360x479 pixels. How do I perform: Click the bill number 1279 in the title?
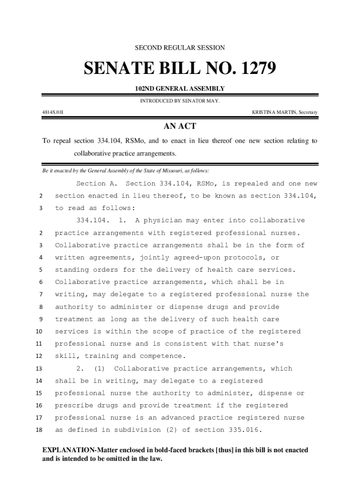click(255, 69)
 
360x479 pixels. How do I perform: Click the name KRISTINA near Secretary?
click(264, 112)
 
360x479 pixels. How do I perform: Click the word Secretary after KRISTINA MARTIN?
click(305, 112)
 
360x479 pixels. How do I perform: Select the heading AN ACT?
click(180, 126)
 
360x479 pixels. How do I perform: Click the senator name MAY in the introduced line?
click(213, 101)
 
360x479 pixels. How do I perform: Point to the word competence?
click(161, 356)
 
